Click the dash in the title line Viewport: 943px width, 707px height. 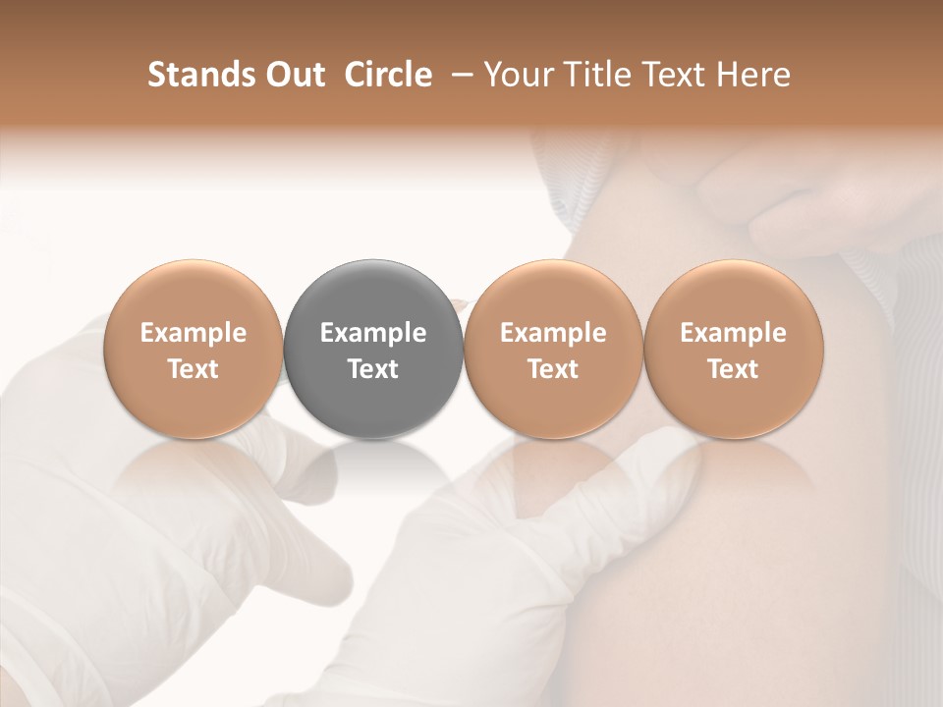tap(459, 75)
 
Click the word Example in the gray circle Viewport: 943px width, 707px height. tap(373, 333)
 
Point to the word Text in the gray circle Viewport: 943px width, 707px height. tap(373, 369)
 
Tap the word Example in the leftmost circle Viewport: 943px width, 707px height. tap(194, 333)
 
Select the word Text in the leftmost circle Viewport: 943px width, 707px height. tap(194, 369)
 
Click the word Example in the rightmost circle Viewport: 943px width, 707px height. tap(733, 333)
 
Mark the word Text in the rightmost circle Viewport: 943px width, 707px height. tap(733, 369)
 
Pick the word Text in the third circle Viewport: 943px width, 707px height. tap(553, 369)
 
